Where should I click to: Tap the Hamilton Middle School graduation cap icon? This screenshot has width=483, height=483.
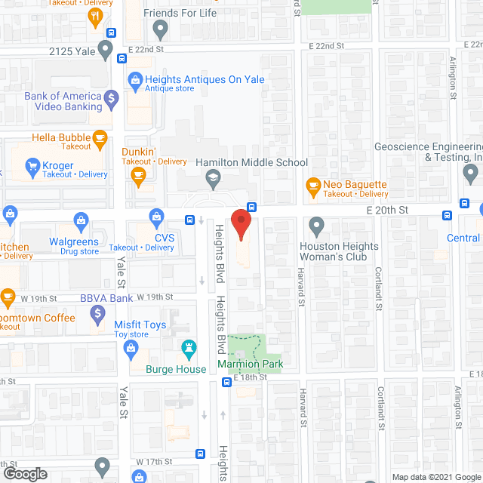214,178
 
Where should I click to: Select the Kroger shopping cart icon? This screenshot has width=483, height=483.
32,165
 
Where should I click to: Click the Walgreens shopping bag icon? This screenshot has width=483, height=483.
80,220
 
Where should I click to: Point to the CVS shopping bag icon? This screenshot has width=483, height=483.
156,217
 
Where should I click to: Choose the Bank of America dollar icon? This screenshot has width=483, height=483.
112,97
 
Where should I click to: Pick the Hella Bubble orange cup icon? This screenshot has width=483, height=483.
98,138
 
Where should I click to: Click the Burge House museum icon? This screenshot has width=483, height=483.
188,349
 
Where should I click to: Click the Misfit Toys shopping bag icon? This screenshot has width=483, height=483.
131,347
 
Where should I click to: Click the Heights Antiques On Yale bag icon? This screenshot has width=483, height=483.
135,78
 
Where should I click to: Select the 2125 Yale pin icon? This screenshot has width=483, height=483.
105,51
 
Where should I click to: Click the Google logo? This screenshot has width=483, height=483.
25,474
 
